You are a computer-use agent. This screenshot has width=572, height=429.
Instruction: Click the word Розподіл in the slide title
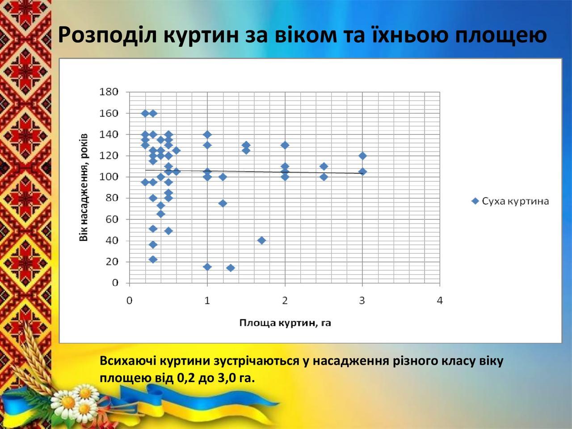[108, 35]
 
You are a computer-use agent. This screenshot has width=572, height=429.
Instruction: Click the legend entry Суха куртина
[510, 201]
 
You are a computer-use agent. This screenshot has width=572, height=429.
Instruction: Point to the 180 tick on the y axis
[109, 92]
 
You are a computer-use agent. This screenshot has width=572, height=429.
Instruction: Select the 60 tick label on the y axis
[112, 219]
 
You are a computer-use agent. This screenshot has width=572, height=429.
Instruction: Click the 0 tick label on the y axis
[115, 282]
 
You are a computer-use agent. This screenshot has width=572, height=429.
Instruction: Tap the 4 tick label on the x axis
[440, 301]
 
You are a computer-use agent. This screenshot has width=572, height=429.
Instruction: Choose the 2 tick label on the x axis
[285, 301]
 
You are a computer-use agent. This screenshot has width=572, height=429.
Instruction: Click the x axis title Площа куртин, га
[285, 323]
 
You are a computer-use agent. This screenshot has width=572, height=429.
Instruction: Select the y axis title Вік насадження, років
[84, 188]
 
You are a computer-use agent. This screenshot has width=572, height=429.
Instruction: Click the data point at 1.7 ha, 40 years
[261, 240]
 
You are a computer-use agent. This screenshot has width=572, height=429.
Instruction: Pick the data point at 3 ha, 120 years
[362, 156]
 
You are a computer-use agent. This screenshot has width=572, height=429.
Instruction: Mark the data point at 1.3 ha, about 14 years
[231, 268]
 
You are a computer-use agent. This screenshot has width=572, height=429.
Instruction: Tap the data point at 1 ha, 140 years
[207, 135]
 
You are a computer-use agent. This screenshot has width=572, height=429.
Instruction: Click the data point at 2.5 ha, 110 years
[324, 166]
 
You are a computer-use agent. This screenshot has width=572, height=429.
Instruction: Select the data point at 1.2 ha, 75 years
[223, 203]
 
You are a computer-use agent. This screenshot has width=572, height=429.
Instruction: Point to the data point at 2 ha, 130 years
[285, 145]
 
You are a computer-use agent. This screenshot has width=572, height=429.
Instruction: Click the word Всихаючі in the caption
[128, 361]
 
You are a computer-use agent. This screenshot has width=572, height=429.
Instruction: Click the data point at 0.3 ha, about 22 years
[153, 260]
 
